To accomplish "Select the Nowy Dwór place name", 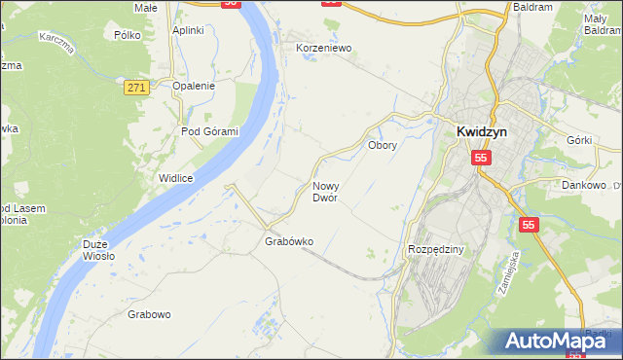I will (325, 192).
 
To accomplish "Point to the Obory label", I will (381, 145).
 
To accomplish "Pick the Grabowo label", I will (149, 314).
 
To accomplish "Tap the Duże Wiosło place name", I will (98, 250).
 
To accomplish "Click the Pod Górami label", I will (209, 131).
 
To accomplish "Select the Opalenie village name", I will (193, 86).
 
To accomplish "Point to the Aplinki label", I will (188, 30).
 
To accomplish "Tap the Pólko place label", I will (128, 34).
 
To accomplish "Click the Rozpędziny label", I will (437, 250).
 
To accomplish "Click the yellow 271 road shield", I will (136, 88).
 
